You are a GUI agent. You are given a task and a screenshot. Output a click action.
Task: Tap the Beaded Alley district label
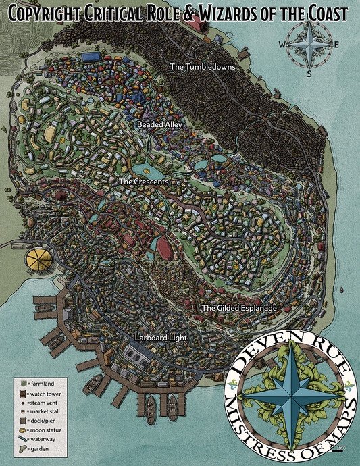159,125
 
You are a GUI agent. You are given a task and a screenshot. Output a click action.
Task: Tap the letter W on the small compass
282,45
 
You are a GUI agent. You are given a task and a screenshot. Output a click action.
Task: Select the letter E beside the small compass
337,45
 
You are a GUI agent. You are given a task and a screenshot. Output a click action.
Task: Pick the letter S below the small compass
309,74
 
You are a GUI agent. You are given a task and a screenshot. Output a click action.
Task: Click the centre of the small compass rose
309,45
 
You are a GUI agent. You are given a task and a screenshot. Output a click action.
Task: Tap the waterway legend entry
45,439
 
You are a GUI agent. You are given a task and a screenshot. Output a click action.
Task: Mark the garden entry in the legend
41,448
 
